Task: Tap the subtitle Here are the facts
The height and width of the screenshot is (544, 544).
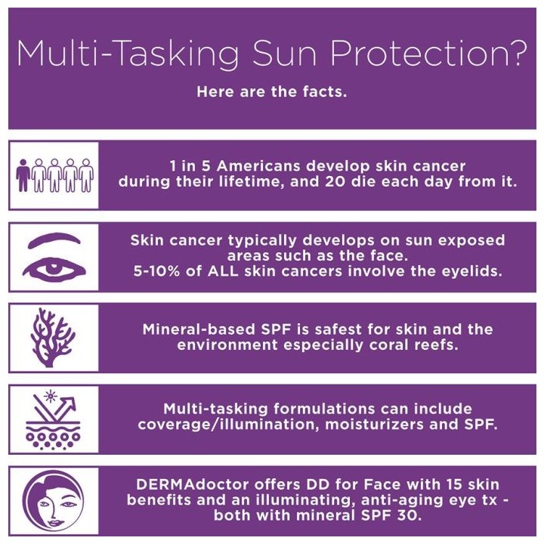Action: pos(271,92)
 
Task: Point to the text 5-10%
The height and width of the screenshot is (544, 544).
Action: pos(157,270)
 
